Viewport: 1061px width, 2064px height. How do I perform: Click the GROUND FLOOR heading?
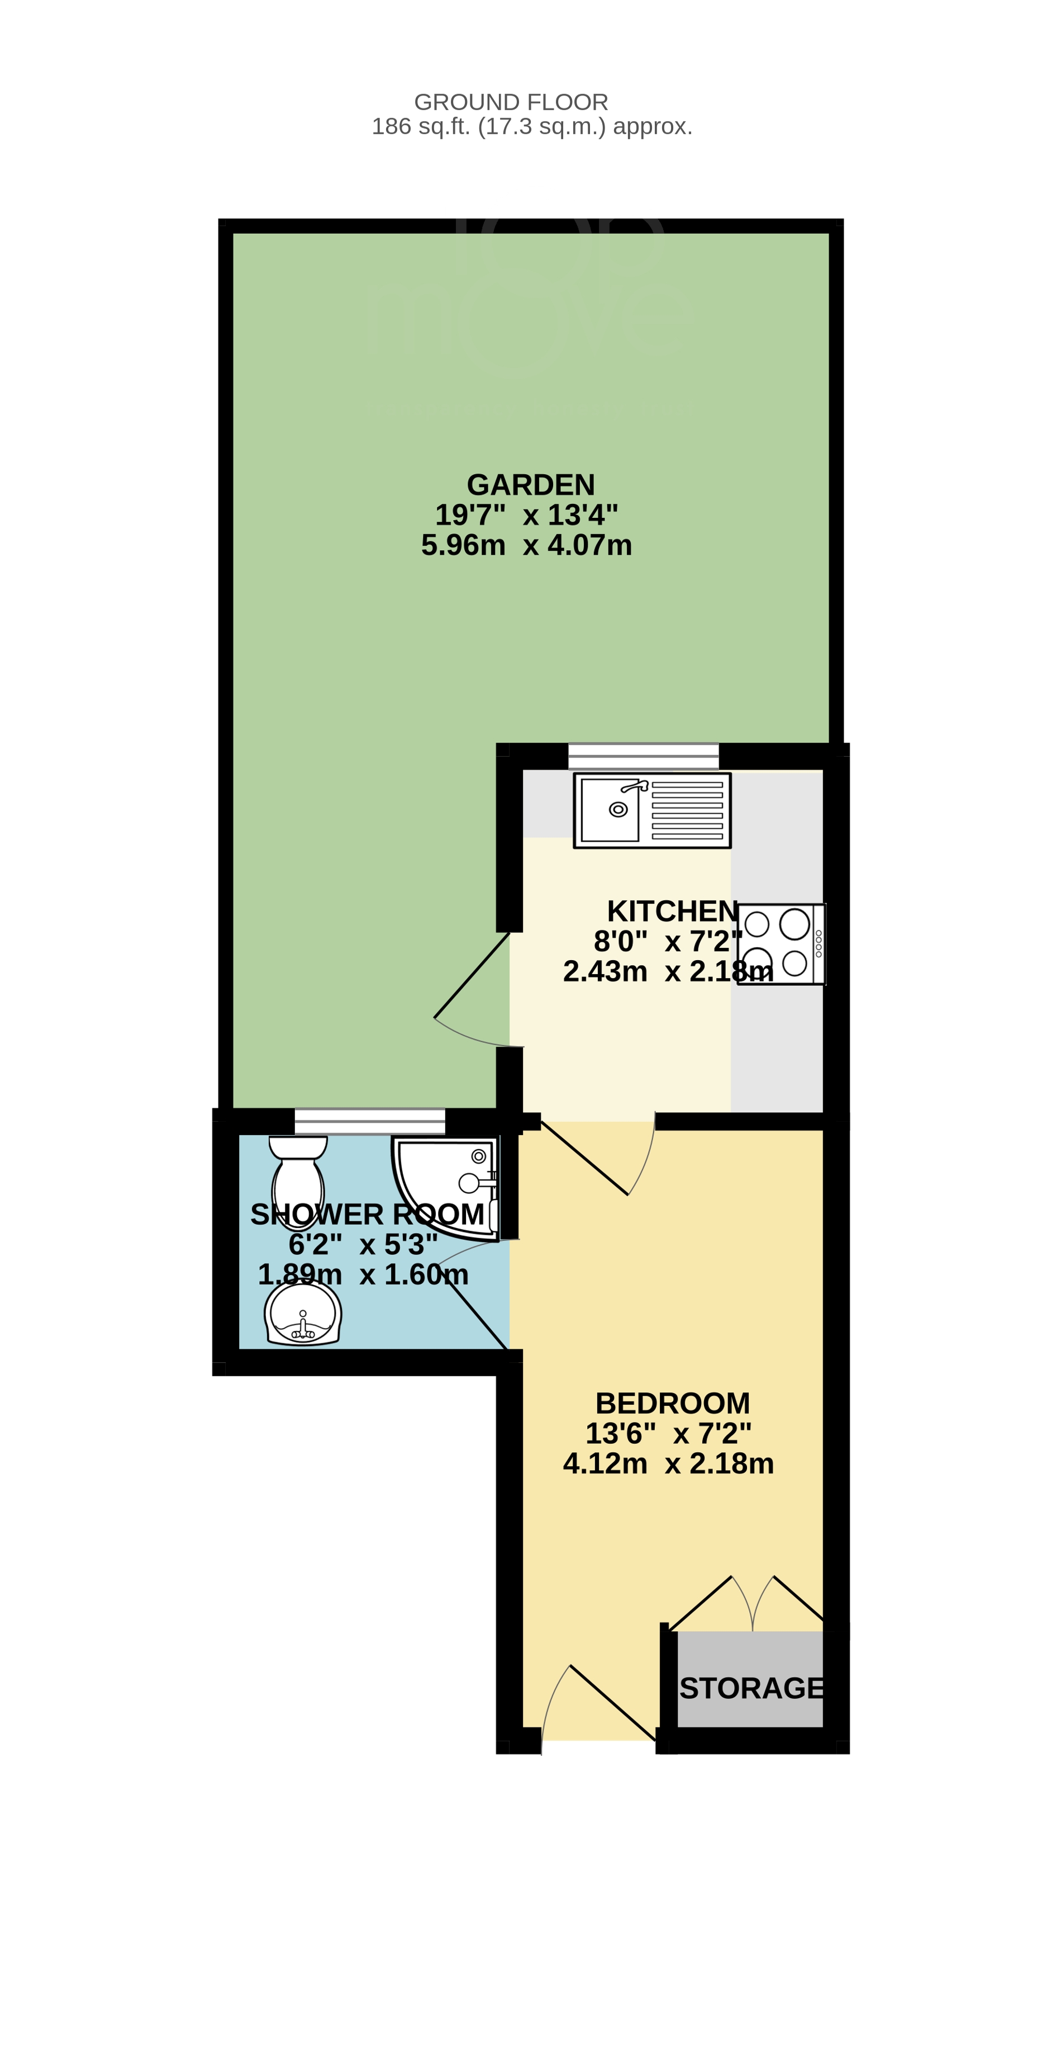[x=511, y=102]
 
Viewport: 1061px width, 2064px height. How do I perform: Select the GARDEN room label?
[x=530, y=485]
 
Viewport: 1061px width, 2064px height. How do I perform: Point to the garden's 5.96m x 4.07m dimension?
[x=526, y=545]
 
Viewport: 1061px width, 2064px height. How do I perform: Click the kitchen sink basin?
[x=610, y=809]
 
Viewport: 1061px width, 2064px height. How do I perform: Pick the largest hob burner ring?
[x=794, y=924]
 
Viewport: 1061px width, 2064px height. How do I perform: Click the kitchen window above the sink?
[x=643, y=755]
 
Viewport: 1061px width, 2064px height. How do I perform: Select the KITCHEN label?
[x=672, y=911]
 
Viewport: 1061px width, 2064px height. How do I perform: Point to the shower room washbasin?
[x=303, y=1314]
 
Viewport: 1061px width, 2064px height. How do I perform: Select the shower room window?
[x=369, y=1121]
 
